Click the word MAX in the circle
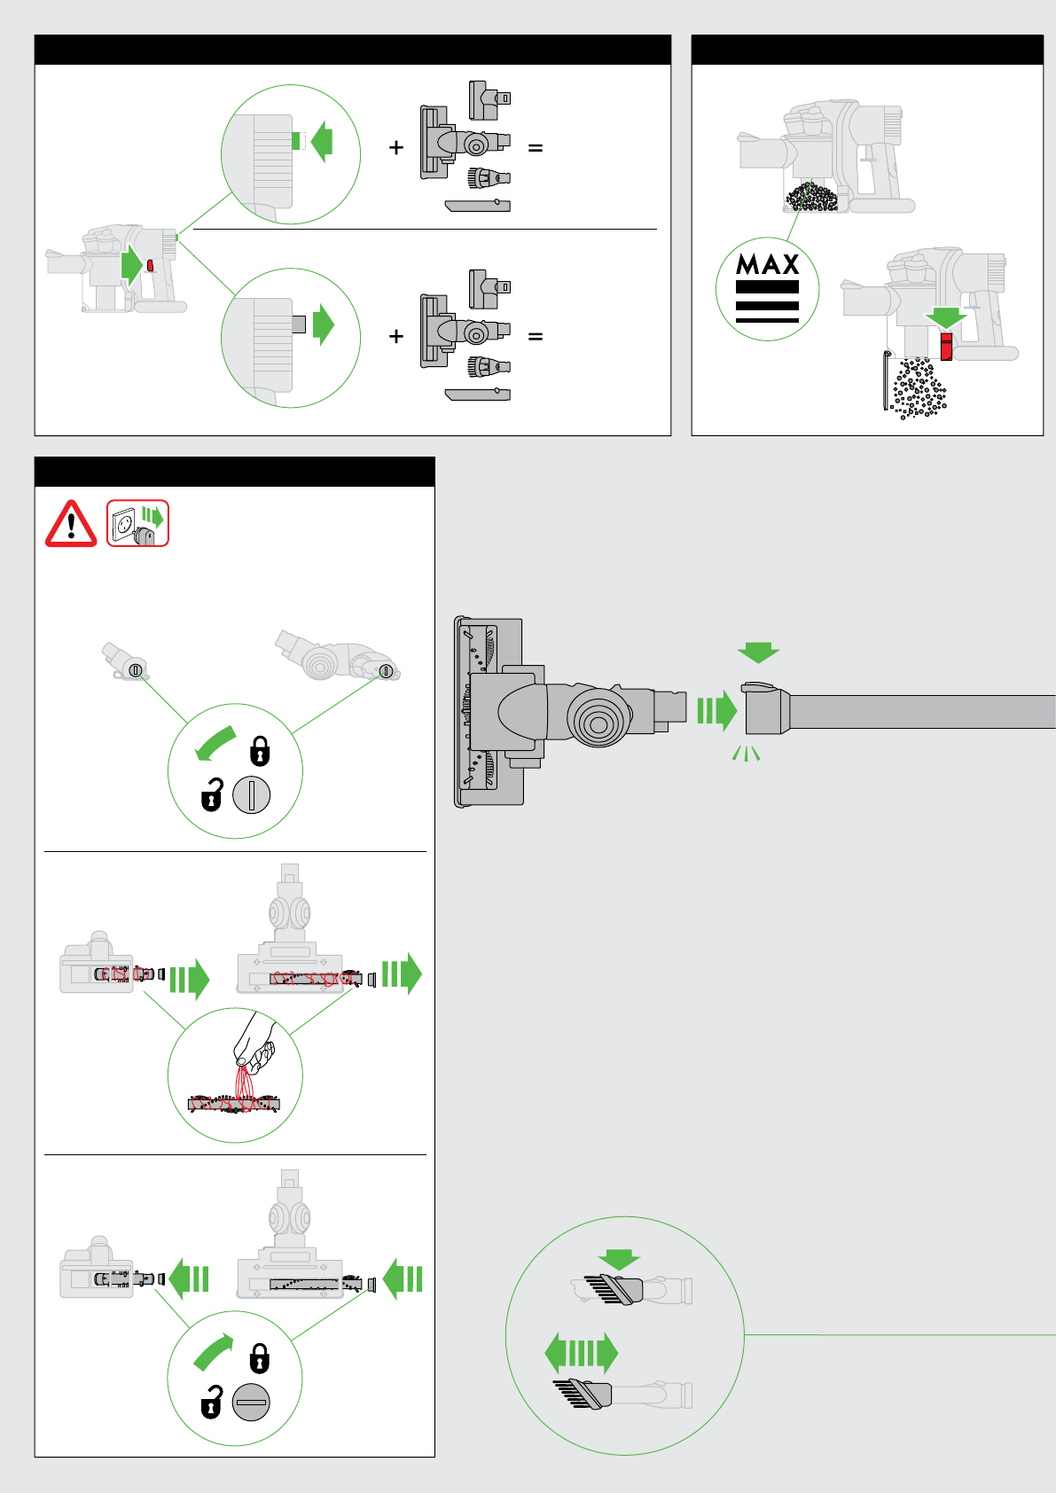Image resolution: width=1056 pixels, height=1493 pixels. coord(767,264)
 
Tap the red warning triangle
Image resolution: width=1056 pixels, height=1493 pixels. coord(71,524)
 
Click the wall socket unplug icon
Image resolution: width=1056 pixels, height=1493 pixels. coord(137,523)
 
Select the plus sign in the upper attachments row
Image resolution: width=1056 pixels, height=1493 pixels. coord(396,148)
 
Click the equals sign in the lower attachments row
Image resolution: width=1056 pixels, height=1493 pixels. coord(535,337)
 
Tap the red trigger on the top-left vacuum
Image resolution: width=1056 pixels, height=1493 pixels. coord(151,265)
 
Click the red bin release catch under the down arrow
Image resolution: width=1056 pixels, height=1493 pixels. coord(946,346)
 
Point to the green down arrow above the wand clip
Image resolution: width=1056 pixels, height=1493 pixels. coord(758,653)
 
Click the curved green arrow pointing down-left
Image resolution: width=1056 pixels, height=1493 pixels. coord(215,743)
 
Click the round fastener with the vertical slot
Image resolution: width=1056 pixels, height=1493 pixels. coord(252,794)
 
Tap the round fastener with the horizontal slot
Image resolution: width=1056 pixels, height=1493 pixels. coord(251,1402)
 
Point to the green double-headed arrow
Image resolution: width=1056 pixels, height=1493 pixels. coord(581,1353)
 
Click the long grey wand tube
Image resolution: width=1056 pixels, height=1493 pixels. coord(922,712)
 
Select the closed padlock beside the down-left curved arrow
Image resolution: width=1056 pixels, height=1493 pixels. coord(260,750)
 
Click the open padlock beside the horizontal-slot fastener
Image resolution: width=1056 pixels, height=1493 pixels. coord(211,1402)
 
